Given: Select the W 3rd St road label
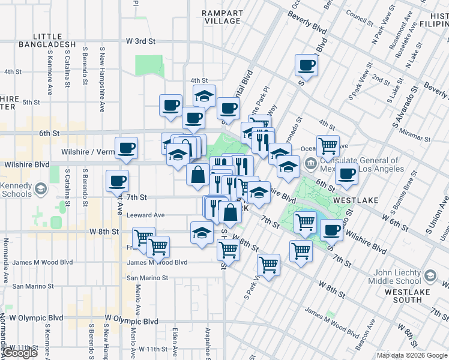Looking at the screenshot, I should (x=140, y=41).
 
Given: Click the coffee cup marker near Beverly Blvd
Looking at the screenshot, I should (x=306, y=65).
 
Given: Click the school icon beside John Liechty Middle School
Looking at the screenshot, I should (x=429, y=275).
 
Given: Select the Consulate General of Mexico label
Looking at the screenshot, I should (x=359, y=164).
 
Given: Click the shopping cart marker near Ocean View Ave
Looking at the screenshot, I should (x=328, y=145).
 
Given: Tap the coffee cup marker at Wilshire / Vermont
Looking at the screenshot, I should (x=126, y=148).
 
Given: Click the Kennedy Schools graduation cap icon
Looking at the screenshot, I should (x=40, y=190).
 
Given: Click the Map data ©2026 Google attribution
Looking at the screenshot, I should (x=412, y=355).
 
